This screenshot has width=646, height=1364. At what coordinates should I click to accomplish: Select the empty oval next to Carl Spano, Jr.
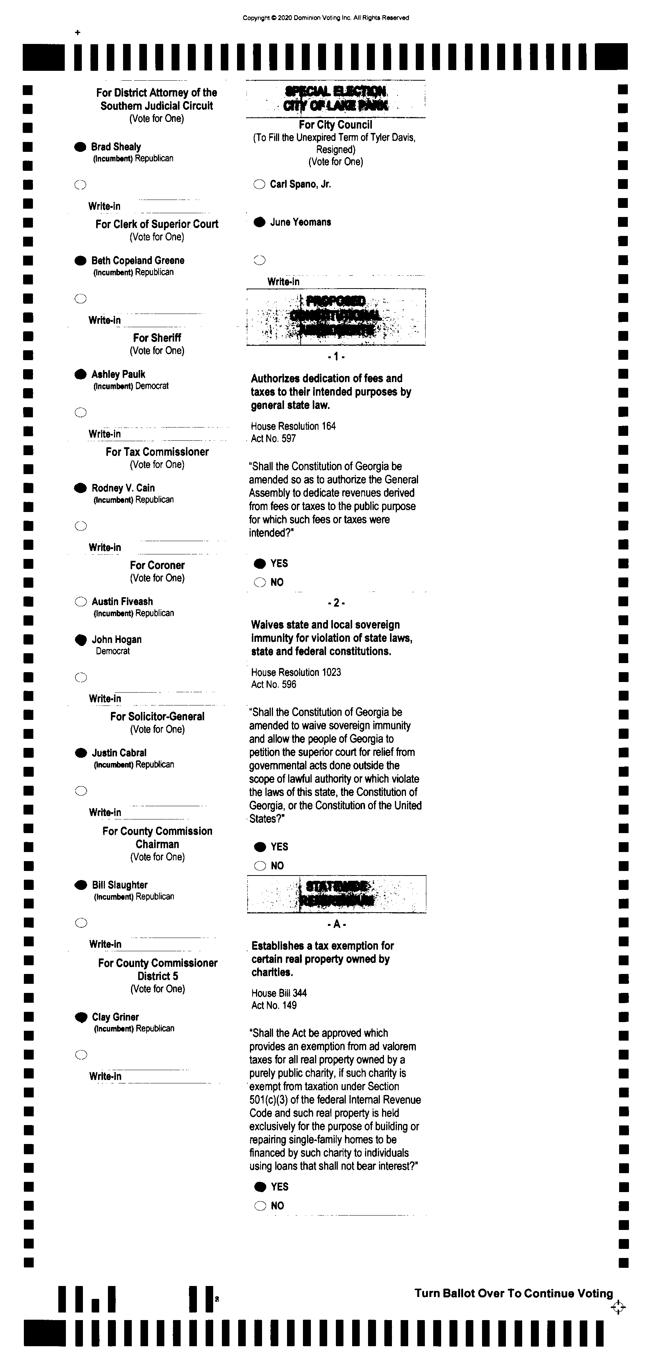pos(259,185)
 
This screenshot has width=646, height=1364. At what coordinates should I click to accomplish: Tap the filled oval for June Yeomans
pos(259,222)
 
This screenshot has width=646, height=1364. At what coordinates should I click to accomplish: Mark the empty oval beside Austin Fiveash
pos(81,601)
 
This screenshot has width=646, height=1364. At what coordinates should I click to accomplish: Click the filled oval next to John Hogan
pos(81,640)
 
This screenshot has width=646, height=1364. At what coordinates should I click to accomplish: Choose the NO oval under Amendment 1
pos(259,582)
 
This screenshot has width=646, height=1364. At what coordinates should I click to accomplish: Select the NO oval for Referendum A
pos(260,1206)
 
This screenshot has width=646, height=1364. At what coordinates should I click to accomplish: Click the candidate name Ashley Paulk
pos(118,375)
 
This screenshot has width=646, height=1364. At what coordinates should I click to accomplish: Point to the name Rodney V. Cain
pos(123,488)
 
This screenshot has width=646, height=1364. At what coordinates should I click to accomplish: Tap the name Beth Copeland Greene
pos(138,261)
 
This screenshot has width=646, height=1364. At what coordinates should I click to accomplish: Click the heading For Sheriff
pos(157,338)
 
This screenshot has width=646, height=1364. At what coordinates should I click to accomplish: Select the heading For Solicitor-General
pos(157,716)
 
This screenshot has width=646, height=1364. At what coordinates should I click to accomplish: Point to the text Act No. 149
pos(274,1005)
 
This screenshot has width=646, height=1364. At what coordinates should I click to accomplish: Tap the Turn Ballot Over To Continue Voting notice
pos(513,1293)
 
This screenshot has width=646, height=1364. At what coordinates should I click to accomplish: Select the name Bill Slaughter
pos(120,885)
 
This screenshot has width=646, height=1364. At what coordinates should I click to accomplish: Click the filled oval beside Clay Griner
pos(81,1017)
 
